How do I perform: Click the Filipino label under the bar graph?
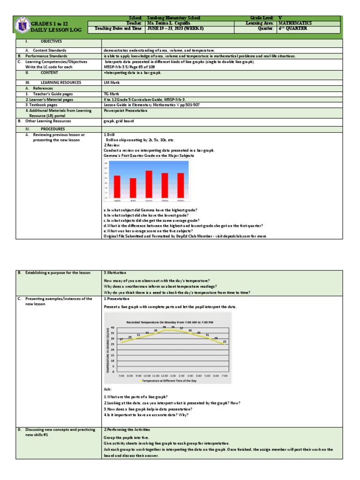tap(165, 200)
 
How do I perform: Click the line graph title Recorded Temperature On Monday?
tap(169, 322)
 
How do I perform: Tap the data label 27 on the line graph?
tap(121, 339)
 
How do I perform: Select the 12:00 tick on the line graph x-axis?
tap(164, 376)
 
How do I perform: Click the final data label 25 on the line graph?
tap(225, 341)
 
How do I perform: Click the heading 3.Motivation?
tap(115, 272)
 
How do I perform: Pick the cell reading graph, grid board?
tap(119, 121)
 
